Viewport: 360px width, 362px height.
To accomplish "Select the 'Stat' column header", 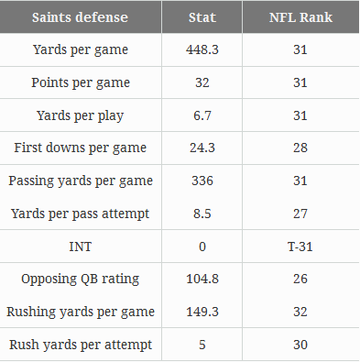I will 202,16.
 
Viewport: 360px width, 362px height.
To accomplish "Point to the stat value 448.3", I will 202,50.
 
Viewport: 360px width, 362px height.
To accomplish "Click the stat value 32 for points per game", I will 202,82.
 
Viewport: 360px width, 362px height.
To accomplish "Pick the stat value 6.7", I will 202,115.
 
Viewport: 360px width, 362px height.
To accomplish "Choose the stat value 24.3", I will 202,148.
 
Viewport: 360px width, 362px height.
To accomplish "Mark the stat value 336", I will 202,181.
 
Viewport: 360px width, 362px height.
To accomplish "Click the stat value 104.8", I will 202,280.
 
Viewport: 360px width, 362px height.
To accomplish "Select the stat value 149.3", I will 202,312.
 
